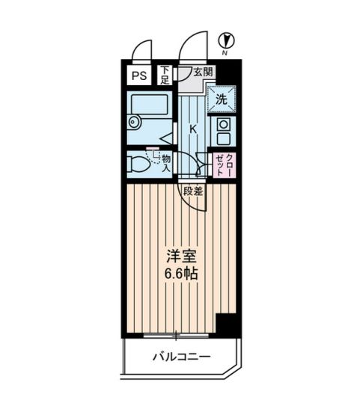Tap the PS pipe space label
[x=139, y=75]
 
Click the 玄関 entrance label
[x=201, y=73]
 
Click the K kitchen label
[x=193, y=129]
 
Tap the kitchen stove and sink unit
[x=222, y=132]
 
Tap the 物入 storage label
[x=166, y=162]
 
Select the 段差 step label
[x=192, y=191]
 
